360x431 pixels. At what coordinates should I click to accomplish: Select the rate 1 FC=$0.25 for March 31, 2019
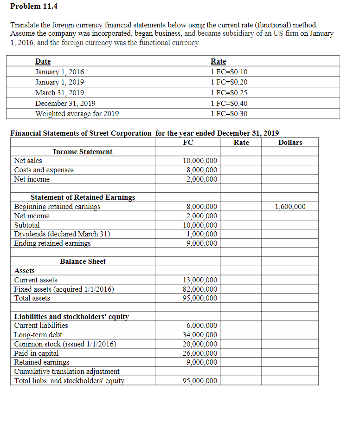pos(229,93)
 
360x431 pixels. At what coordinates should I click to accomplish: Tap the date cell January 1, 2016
pos(60,72)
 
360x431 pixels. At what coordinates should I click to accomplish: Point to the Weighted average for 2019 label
pos(77,114)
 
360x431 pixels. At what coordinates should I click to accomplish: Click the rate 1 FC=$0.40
pos(229,104)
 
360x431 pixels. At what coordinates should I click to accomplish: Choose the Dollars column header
pos(290,143)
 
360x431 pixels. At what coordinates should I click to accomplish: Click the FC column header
pos(188,143)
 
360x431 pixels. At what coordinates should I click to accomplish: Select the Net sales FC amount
pos(200,161)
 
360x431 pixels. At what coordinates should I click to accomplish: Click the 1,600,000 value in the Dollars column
pos(290,207)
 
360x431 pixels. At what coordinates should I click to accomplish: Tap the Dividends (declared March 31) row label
pos(62,234)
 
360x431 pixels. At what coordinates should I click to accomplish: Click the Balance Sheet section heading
pos(83,261)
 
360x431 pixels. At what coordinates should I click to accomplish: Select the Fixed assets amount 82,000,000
pos(200,289)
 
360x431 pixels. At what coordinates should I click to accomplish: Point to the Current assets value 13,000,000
pos(200,280)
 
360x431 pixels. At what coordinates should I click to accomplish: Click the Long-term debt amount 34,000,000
pos(200,335)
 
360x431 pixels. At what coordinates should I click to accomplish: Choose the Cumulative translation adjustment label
pos(67,372)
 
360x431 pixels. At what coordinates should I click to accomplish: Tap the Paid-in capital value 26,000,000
pos(200,353)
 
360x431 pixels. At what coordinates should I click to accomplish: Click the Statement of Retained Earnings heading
pos(83,197)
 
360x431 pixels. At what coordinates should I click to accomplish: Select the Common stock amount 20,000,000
pos(200,344)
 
